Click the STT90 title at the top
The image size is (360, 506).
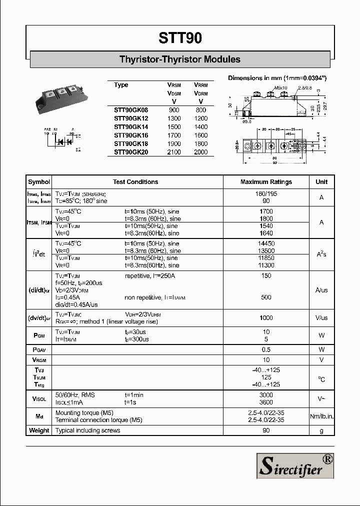(180, 38)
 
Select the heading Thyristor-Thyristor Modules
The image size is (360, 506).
(180, 59)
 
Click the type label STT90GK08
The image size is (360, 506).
(131, 109)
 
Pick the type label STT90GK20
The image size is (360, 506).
(131, 152)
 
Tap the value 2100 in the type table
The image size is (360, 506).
(174, 152)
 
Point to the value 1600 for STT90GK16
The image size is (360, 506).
(200, 135)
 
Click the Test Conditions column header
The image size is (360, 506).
(135, 182)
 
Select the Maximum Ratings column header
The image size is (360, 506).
(266, 182)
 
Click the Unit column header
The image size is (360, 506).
(321, 182)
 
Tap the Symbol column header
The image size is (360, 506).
(39, 182)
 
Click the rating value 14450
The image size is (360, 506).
(266, 243)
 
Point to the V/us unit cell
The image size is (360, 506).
(321, 318)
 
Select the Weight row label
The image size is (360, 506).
(39, 430)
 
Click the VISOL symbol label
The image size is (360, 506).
(39, 399)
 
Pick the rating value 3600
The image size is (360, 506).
(266, 402)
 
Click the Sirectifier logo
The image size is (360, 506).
(295, 465)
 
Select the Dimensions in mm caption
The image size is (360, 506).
(277, 78)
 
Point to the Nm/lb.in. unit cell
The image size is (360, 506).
(321, 416)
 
